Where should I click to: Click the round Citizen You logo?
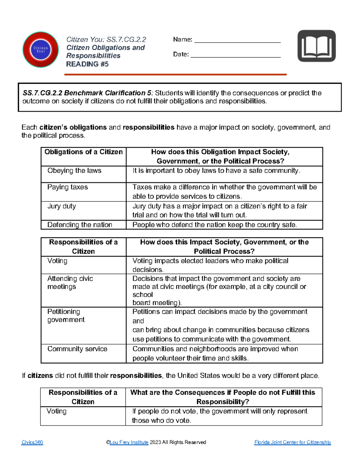point(40,50)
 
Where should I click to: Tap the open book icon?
point(316,46)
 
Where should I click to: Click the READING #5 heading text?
point(87,64)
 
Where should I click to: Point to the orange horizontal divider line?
point(175,74)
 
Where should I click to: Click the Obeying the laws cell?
point(74,171)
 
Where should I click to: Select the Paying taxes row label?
point(67,187)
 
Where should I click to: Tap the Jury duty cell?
point(61,206)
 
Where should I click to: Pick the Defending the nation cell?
point(80,225)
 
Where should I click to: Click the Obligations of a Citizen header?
point(83,152)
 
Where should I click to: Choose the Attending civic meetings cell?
point(70,283)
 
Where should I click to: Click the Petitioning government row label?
point(66,316)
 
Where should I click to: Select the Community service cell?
point(77,349)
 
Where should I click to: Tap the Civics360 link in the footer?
point(32,442)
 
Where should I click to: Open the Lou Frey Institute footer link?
point(129,442)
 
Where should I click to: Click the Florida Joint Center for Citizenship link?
point(292,442)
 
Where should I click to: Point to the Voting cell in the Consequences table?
point(56,411)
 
